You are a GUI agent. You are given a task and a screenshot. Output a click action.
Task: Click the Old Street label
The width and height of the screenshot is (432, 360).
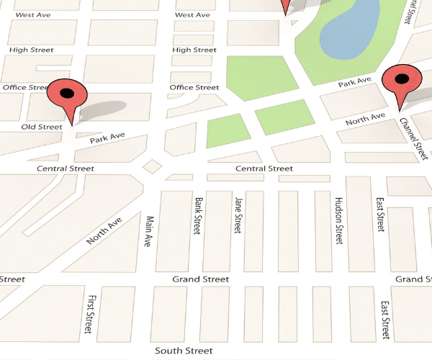coord(42,127)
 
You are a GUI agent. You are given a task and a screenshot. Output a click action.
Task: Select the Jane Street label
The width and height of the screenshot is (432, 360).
coord(236,214)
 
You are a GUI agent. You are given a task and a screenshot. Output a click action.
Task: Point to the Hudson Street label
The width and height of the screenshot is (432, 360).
coord(338,220)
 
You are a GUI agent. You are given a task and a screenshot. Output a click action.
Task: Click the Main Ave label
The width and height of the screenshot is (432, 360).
coord(150,232)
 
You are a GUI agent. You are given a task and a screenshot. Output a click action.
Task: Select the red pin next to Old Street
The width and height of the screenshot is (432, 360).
coord(67,96)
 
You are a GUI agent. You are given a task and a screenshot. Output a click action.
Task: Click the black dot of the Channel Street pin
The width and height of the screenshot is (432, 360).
coord(402,78)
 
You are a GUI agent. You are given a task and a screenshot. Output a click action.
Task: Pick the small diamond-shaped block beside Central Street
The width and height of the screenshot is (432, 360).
coord(152,166)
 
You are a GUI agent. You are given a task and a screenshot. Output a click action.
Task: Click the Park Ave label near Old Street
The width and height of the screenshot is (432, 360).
coord(107,137)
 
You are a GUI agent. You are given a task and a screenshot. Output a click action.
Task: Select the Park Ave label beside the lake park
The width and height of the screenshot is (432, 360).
coord(355,83)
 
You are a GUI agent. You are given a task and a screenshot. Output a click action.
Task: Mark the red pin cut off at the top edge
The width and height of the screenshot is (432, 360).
coord(286,6)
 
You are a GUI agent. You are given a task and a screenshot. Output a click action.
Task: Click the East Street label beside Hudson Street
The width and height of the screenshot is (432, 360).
coord(379,214)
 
